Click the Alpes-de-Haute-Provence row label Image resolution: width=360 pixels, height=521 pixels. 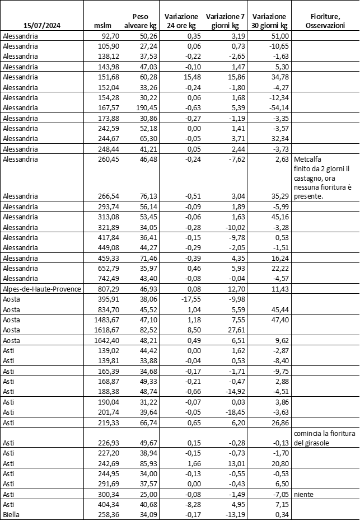click(x=41, y=288)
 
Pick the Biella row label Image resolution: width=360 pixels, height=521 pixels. click(x=13, y=515)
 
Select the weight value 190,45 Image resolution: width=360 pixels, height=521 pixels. click(x=144, y=108)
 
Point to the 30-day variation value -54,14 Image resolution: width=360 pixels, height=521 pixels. click(x=275, y=108)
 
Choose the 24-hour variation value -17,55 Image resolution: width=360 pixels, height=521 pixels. click(x=182, y=299)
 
